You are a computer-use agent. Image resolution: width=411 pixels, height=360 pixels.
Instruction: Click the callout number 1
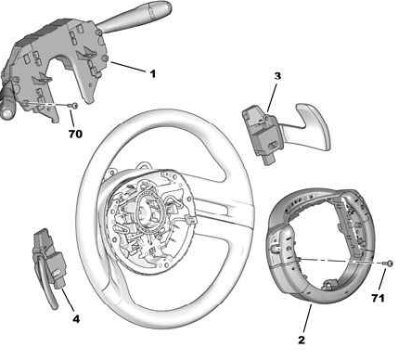click(x=152, y=74)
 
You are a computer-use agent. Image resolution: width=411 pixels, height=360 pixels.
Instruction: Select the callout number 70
click(x=75, y=134)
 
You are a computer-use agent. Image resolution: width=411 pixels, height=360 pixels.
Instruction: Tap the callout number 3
click(x=277, y=76)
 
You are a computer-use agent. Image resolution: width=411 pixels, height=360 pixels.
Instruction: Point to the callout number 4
click(x=76, y=319)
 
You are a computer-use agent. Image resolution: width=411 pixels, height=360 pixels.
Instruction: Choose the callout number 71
click(x=378, y=298)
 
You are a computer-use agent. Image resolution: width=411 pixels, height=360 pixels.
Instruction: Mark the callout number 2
click(x=302, y=340)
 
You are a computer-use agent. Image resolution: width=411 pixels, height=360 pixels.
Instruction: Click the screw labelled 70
click(x=74, y=106)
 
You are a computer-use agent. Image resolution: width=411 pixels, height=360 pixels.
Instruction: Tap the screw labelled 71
click(x=389, y=264)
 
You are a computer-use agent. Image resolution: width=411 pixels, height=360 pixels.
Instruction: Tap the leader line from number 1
click(x=128, y=67)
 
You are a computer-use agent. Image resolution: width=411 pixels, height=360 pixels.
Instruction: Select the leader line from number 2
click(x=307, y=318)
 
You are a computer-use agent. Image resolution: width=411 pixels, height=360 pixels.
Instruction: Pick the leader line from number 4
click(x=68, y=300)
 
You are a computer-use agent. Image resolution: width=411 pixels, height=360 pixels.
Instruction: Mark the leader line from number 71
click(x=382, y=280)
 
